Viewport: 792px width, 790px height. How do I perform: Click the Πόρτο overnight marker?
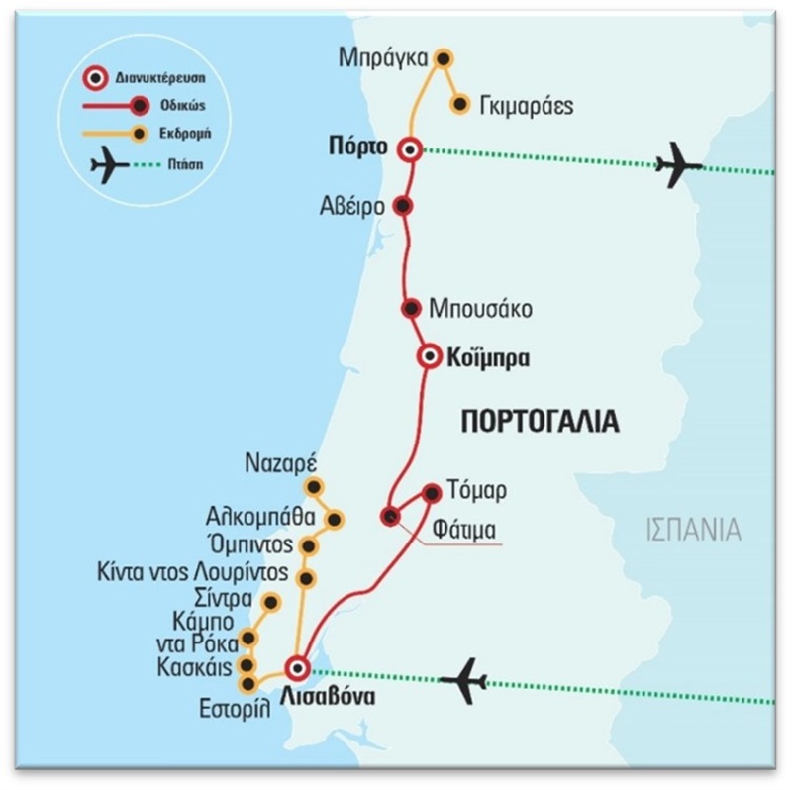[408, 149]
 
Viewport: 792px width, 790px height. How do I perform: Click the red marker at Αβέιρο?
[402, 206]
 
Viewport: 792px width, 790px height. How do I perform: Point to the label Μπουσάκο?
[480, 309]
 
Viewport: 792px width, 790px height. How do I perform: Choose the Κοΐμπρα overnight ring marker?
[429, 357]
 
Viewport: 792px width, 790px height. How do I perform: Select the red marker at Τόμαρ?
[432, 492]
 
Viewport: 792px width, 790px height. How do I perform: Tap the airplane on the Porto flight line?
[678, 164]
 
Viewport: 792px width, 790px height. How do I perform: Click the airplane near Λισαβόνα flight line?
[463, 680]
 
